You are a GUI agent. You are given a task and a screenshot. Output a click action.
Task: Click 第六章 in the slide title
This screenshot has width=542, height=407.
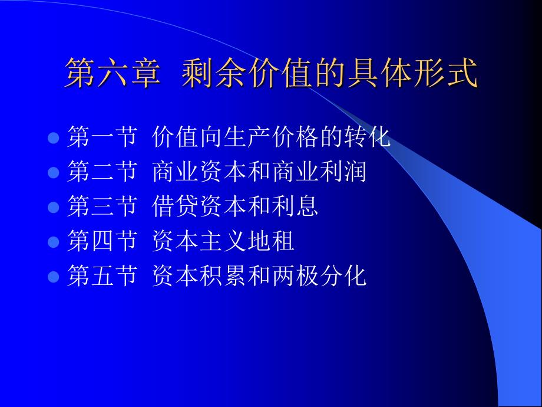pos(113,73)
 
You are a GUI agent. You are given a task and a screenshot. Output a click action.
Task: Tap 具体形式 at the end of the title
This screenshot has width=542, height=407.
pos(413,73)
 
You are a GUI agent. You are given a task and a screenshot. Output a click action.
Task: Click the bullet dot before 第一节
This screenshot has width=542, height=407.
pos(53,138)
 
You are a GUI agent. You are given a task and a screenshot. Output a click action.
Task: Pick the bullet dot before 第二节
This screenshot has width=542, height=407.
pos(53,172)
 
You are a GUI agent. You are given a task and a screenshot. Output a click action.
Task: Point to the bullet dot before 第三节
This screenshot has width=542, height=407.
pos(53,207)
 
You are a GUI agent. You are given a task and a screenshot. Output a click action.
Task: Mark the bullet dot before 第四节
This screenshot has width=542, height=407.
pos(53,242)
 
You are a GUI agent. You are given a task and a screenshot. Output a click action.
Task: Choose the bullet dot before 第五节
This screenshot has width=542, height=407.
pos(53,277)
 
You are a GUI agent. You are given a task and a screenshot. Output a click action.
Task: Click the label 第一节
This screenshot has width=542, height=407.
pos(102,137)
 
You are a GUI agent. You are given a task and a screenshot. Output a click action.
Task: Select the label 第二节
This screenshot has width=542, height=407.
pos(102,172)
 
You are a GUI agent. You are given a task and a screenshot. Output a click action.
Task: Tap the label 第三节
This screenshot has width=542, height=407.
pos(102,206)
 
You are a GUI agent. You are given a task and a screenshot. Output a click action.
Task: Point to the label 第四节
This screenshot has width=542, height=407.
pos(102,241)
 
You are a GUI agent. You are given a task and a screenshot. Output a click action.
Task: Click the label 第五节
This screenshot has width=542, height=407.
pos(102,275)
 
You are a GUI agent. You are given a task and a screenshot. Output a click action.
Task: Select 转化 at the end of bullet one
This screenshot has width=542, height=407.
pos(367,137)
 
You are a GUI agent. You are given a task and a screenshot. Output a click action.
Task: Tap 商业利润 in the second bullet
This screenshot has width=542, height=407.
pos(319,172)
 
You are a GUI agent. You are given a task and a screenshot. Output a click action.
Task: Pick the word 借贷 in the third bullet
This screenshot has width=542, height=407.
pos(175,206)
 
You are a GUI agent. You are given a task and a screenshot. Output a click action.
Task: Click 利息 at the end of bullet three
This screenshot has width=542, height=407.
pos(295,206)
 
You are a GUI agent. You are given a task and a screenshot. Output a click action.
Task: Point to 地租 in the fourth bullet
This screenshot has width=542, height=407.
pos(270,241)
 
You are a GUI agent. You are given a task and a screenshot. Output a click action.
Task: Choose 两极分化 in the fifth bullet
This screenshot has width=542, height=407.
pos(319,275)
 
